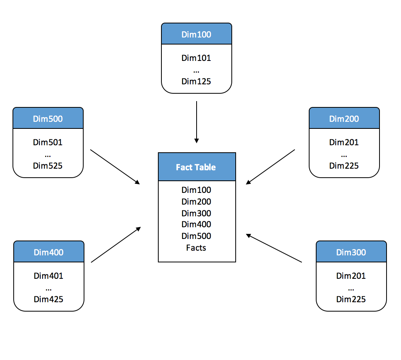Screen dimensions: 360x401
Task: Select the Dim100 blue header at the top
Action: [x=196, y=34]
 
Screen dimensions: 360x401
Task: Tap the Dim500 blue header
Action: [x=48, y=119]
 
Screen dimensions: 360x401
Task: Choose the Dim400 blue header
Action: [x=48, y=252]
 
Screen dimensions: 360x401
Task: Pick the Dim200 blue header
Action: [x=344, y=119]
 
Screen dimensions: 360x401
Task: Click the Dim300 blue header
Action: [x=351, y=252]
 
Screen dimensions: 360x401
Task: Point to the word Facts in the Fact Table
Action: [x=196, y=248]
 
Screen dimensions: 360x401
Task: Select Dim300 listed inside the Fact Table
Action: [x=196, y=213]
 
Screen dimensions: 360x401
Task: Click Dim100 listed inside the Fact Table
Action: [x=196, y=190]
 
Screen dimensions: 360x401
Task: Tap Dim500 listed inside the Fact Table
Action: [x=196, y=236]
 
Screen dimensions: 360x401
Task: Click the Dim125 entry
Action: [x=196, y=82]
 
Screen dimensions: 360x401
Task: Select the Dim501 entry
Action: [x=48, y=143]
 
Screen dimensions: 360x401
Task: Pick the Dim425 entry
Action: [x=48, y=299]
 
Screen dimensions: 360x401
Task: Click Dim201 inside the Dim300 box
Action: [x=351, y=276]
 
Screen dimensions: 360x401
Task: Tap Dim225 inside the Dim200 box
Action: [x=344, y=166]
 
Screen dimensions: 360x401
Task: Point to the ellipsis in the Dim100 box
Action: [x=196, y=71]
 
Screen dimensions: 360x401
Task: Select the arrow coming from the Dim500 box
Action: [x=115, y=166]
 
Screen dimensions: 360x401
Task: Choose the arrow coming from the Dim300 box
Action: [x=274, y=248]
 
